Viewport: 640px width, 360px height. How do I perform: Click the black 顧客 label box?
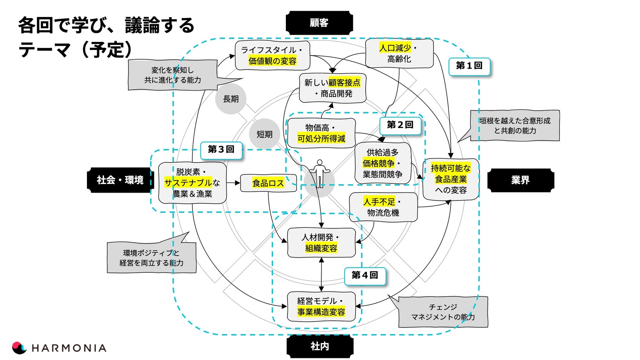(x=319, y=23)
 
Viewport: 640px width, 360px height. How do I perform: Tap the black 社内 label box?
(x=320, y=346)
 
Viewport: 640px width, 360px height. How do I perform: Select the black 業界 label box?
(x=521, y=180)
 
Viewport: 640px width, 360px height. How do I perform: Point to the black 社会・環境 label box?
(x=120, y=180)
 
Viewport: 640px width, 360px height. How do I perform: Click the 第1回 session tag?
(x=469, y=66)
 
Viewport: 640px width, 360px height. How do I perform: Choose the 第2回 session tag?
(x=400, y=125)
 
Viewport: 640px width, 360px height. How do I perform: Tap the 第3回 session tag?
(x=221, y=150)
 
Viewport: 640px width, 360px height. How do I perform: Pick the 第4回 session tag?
(x=365, y=276)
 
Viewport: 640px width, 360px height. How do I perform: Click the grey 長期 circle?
(x=231, y=99)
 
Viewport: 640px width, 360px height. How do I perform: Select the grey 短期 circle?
(x=265, y=134)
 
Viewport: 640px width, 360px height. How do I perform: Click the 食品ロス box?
(x=268, y=183)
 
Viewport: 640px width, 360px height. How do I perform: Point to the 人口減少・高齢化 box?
(x=399, y=53)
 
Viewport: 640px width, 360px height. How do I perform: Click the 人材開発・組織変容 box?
(x=321, y=243)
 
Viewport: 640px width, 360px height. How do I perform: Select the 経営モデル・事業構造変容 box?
(x=321, y=307)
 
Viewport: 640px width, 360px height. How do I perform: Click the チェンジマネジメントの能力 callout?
(x=443, y=312)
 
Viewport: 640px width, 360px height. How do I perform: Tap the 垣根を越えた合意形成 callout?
(x=514, y=126)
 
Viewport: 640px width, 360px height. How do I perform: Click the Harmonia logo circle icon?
(x=19, y=348)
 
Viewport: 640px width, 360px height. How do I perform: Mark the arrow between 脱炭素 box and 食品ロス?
(x=233, y=183)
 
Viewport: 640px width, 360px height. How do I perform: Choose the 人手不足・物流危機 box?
(x=383, y=207)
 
